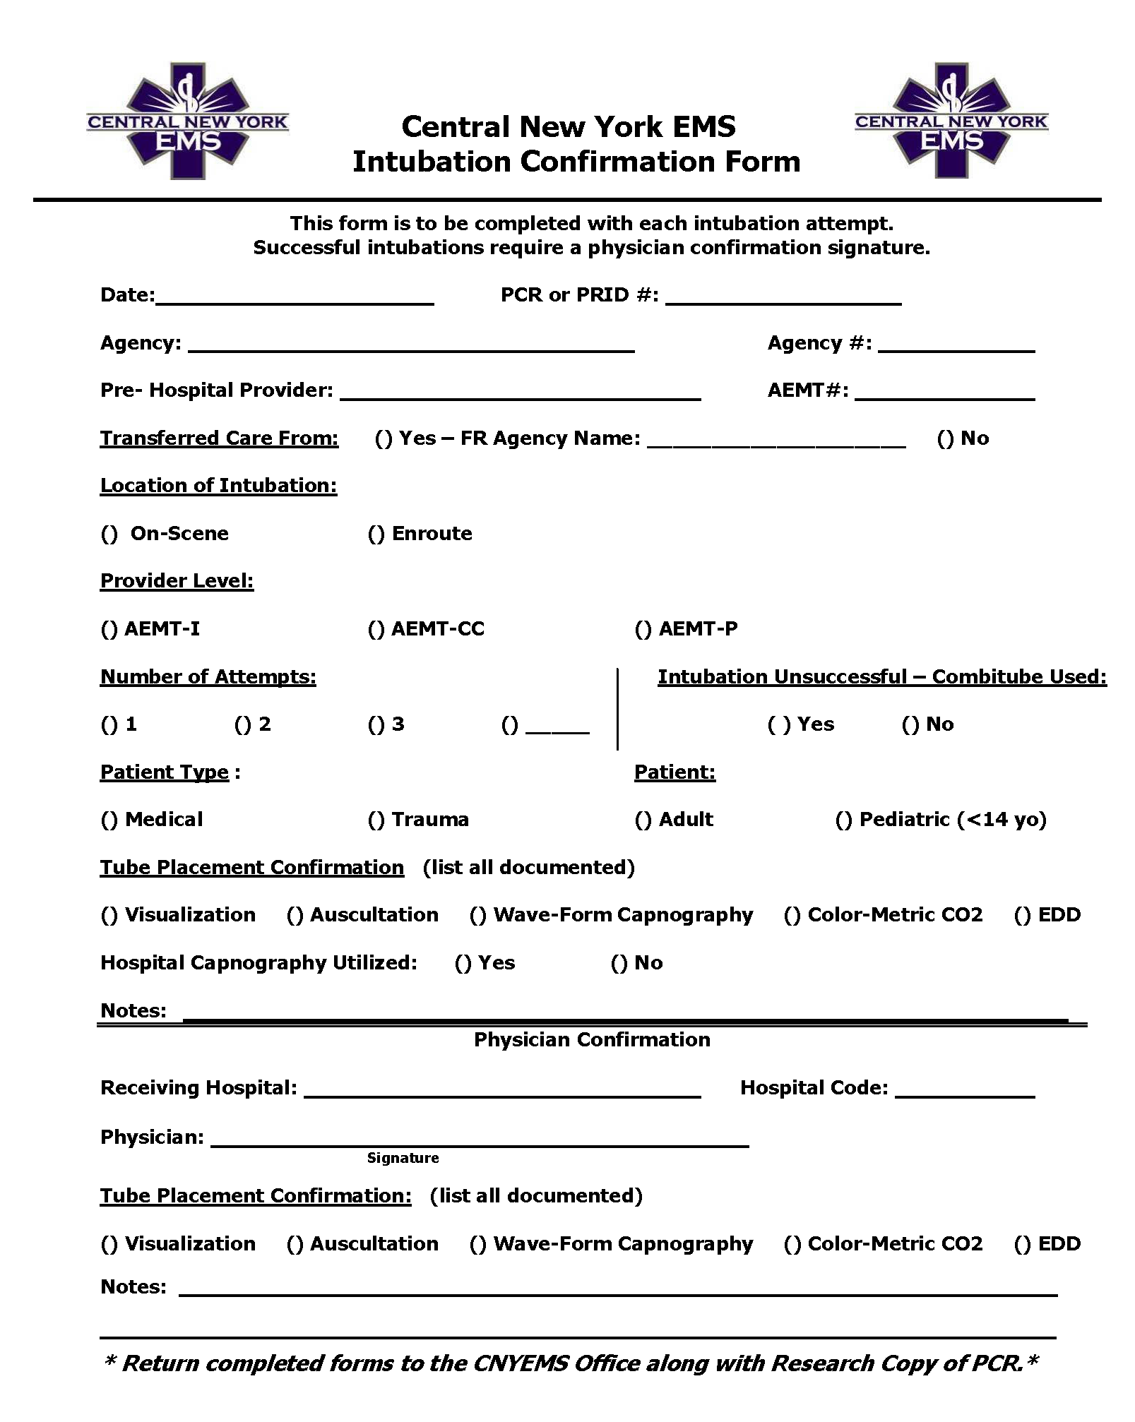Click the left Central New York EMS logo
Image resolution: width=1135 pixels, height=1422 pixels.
pos(187,121)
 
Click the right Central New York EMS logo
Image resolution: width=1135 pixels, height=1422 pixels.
pos(951,121)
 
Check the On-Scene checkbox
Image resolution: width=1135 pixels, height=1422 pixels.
pos(109,534)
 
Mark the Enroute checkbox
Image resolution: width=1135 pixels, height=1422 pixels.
pos(376,534)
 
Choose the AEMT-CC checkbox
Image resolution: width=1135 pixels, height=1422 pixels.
pos(376,630)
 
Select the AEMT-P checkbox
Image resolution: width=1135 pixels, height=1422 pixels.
pos(643,630)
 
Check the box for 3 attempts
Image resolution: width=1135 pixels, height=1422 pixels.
pos(376,725)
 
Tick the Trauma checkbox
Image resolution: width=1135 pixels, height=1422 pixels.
pos(376,820)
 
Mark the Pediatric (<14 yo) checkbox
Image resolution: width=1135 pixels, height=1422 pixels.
pos(844,820)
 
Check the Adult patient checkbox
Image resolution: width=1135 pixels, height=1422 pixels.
pos(643,820)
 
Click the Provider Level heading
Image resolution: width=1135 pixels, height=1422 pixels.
pos(177,581)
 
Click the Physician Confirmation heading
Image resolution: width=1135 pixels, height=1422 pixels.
pos(592,1039)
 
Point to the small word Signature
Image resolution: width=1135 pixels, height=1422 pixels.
pos(403,1158)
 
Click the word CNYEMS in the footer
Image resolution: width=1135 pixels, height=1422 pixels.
pos(519,1363)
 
